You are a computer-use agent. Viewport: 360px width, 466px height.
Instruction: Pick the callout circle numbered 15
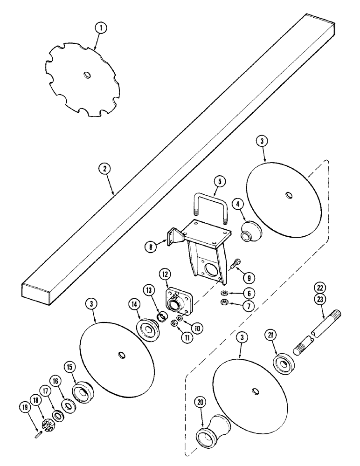(x=69, y=367)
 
